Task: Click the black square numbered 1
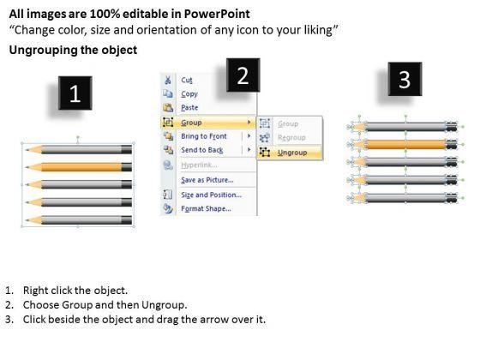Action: [75, 93]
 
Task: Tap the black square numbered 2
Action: [243, 75]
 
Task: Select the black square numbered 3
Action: [405, 79]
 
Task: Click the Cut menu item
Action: [187, 80]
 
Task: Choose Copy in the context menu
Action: [189, 94]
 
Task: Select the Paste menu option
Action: [189, 107]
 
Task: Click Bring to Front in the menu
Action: [204, 136]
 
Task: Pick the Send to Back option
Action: [202, 150]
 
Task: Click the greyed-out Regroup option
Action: [291, 138]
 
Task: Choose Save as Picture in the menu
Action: [207, 180]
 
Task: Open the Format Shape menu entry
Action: [206, 209]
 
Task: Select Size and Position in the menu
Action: [211, 195]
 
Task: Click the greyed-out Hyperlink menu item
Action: [199, 165]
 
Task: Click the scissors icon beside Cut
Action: [168, 80]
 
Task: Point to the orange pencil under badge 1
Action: [79, 167]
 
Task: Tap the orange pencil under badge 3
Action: [405, 144]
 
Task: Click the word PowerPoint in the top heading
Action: [217, 14]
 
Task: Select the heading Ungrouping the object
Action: [73, 50]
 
